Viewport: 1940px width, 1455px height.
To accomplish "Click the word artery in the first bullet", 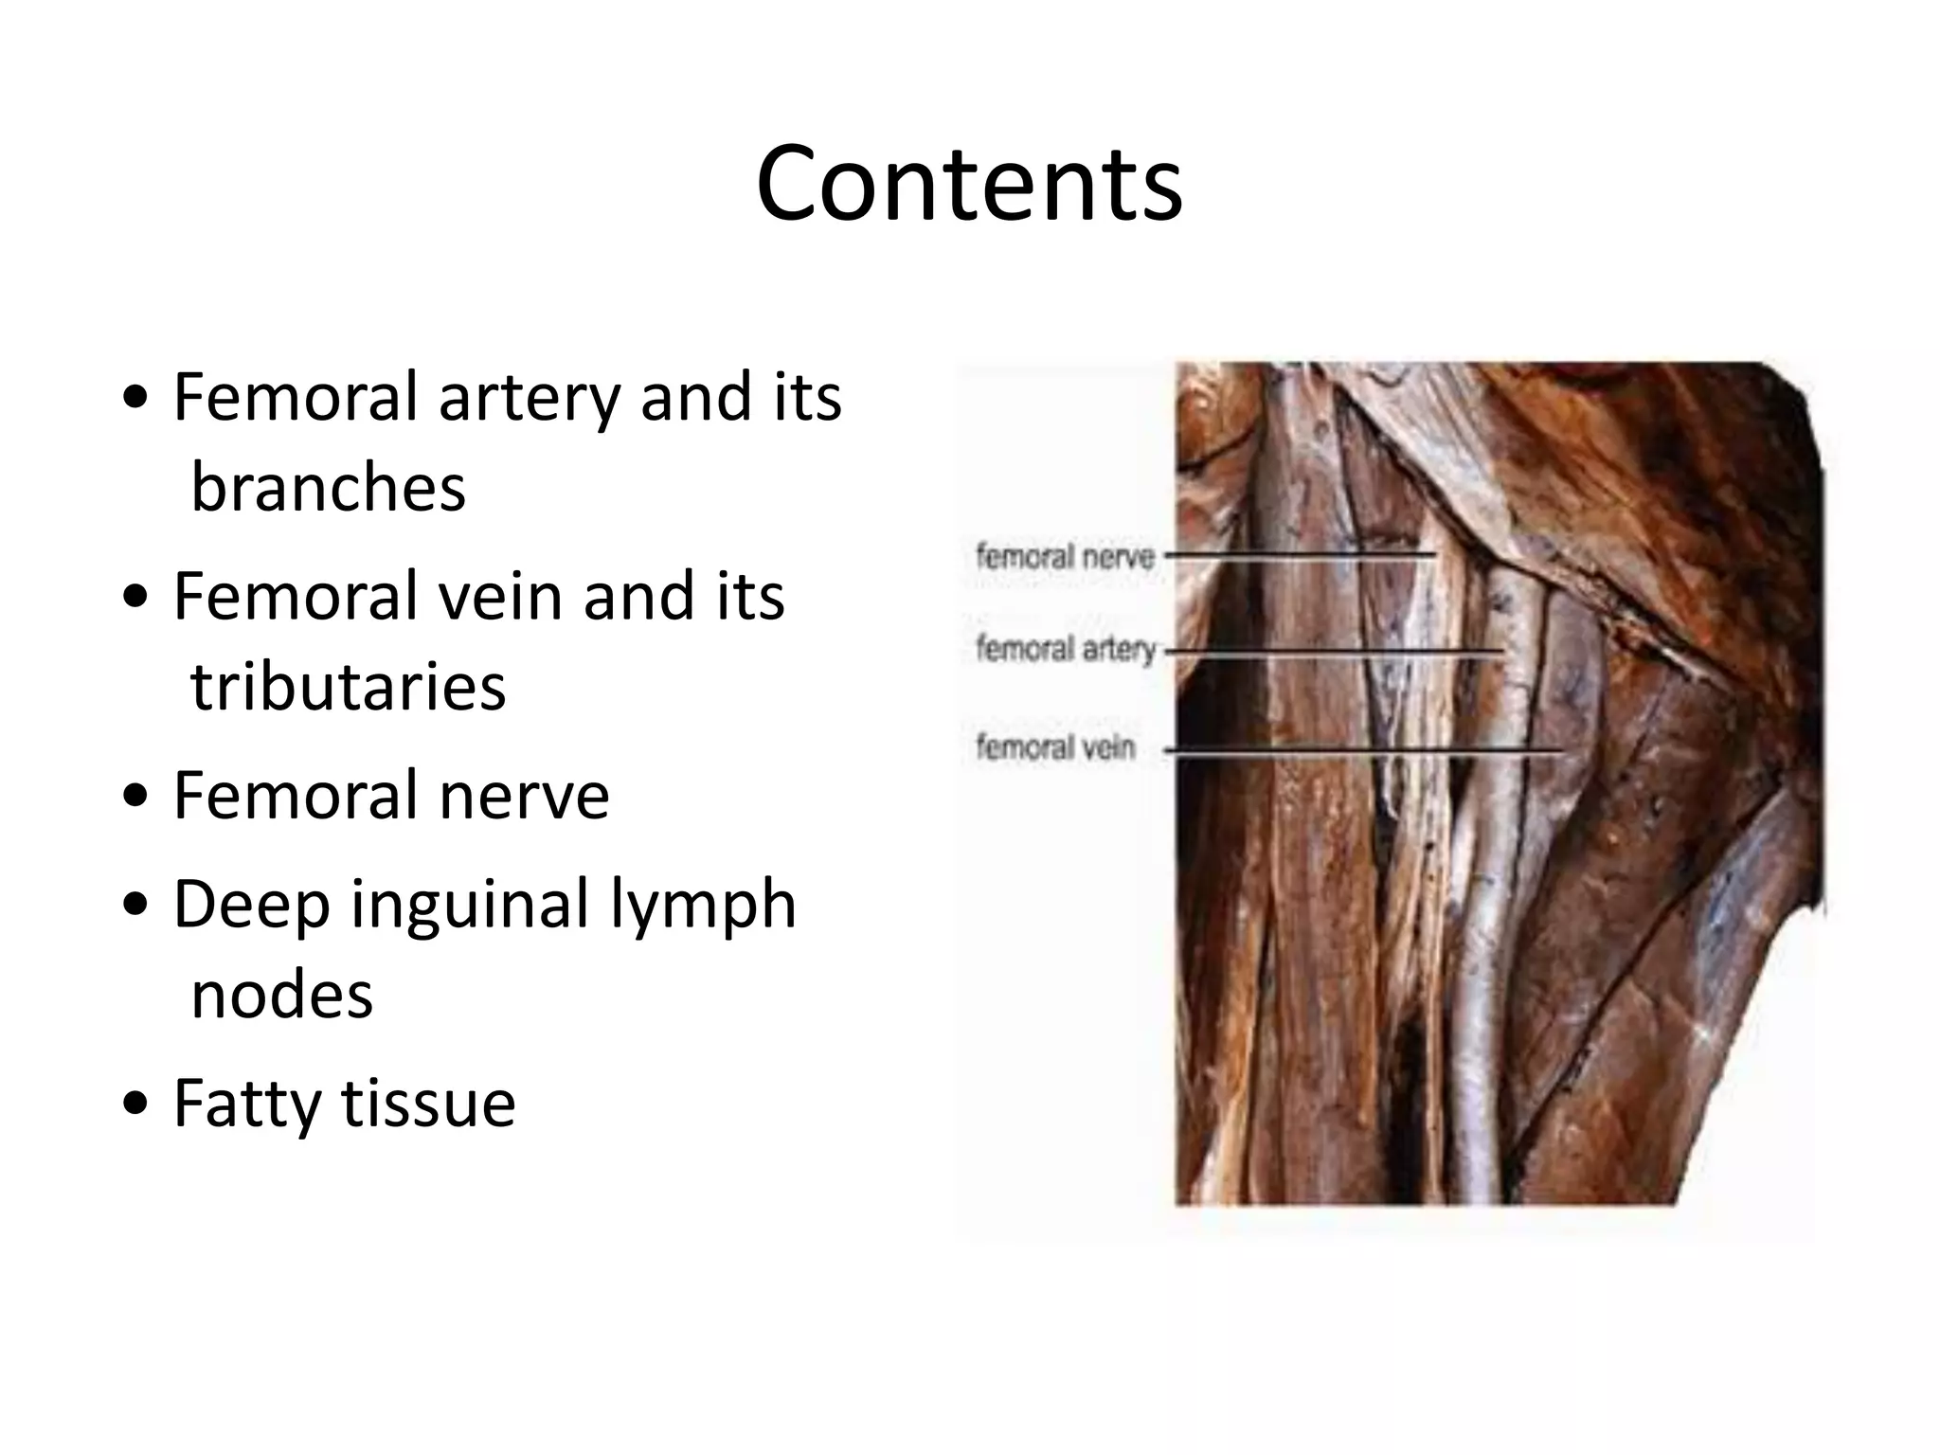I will coord(529,397).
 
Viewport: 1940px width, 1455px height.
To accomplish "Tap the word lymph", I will coord(702,905).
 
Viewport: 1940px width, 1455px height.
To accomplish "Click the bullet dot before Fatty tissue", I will coord(136,1104).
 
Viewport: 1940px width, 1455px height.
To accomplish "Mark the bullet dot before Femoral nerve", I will coord(136,797).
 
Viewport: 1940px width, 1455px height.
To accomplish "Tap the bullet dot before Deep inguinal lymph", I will coord(136,905).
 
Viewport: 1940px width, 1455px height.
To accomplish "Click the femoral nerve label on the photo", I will coord(1065,555).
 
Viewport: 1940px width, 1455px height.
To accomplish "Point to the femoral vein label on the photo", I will coord(1055,747).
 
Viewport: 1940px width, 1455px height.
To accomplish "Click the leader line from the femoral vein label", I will coord(1364,752).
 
